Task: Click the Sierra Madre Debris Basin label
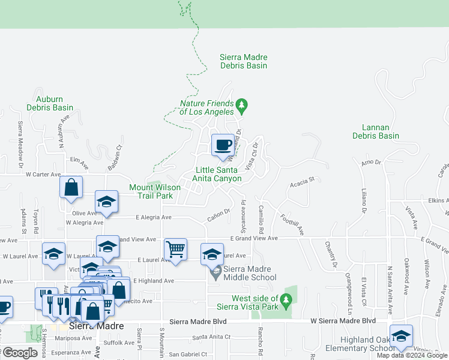pyautogui.click(x=243, y=61)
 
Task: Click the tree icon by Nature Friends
pyautogui.click(x=242, y=106)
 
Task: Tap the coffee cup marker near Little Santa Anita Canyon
pyautogui.click(x=223, y=145)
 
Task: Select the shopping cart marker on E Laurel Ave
pyautogui.click(x=175, y=249)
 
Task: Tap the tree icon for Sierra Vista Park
pyautogui.click(x=286, y=299)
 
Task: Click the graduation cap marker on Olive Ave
pyautogui.click(x=106, y=202)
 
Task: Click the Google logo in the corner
pyautogui.click(x=20, y=353)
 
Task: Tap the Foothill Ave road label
pyautogui.click(x=292, y=224)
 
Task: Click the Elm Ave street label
pyautogui.click(x=79, y=160)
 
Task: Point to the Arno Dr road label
pyautogui.click(x=371, y=162)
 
